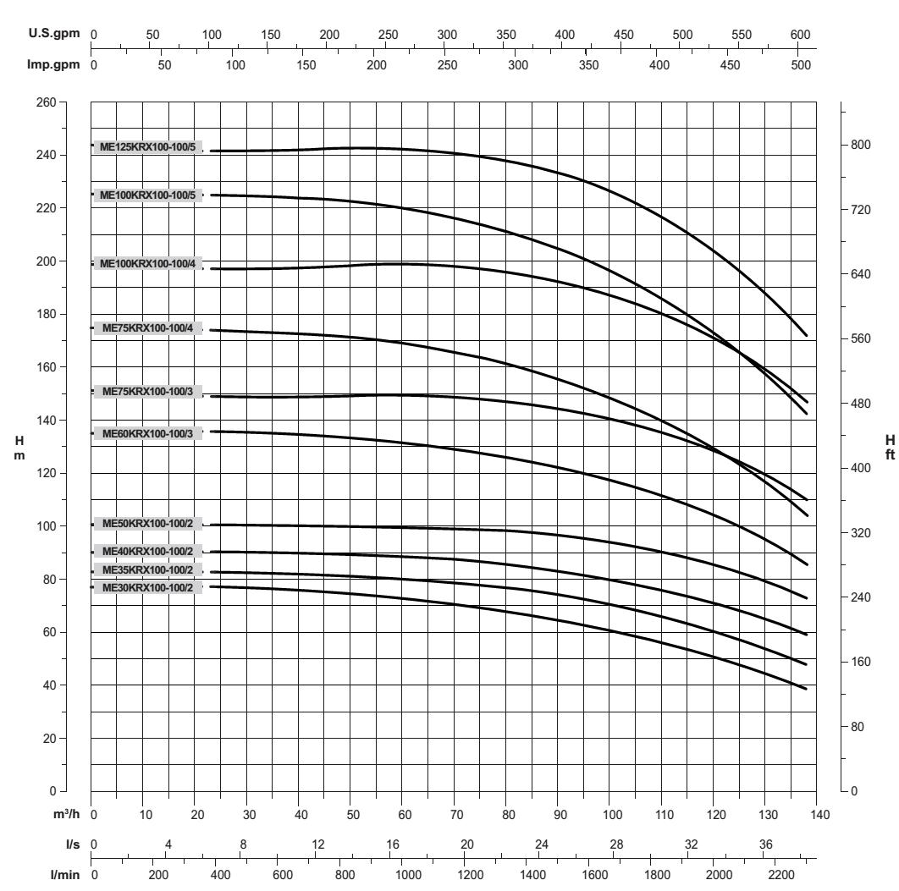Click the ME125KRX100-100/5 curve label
(x=147, y=147)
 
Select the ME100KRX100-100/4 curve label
(x=147, y=264)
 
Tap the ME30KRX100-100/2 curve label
(x=147, y=587)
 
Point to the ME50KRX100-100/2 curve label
(x=147, y=524)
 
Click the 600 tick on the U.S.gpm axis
(x=799, y=35)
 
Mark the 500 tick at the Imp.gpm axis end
(x=799, y=64)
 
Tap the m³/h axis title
(x=65, y=816)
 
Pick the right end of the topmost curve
(x=807, y=336)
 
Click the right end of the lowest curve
(x=807, y=689)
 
